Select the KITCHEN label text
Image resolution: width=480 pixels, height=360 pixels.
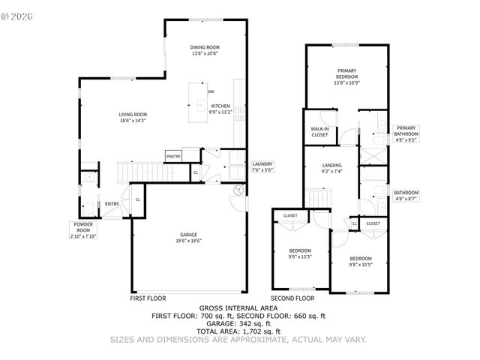coord(220,106)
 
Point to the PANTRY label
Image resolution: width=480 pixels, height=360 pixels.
coord(173,157)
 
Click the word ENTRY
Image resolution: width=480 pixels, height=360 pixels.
coord(112,204)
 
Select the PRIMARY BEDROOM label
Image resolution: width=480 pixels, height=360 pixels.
coord(346,73)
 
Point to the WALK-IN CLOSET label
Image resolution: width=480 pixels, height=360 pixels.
coord(319,132)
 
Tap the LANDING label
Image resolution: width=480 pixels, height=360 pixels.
coord(331,165)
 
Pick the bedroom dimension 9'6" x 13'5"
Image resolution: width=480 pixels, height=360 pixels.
coord(299,256)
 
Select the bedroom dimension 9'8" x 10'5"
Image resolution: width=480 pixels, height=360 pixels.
coord(360,264)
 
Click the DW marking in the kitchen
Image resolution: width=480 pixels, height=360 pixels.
coord(211,91)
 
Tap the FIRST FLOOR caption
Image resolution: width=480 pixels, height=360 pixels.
coord(148,298)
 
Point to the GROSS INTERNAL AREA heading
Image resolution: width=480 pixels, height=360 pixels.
coord(238,307)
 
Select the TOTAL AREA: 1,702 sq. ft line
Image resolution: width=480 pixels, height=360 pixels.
coord(238,331)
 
